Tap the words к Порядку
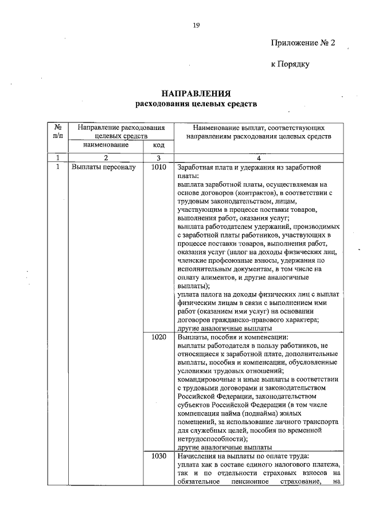tap(290, 64)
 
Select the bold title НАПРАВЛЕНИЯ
tap(196, 94)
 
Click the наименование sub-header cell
tap(106, 145)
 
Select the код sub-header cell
tap(158, 146)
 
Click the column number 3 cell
tap(158, 157)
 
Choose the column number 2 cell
tap(106, 157)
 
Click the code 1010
tap(158, 168)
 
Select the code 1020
tap(158, 338)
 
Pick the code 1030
tap(158, 456)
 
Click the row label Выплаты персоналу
tap(104, 168)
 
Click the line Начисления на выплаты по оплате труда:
tap(244, 456)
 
